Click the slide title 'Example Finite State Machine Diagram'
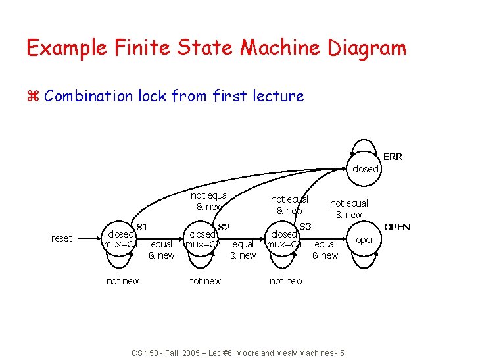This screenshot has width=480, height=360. tap(216, 48)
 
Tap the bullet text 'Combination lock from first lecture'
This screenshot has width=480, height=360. tap(174, 96)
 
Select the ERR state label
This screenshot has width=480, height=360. tap(393, 157)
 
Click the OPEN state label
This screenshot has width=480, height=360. tap(397, 227)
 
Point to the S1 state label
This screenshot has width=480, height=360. tap(141, 227)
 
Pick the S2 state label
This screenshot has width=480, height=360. tap(224, 227)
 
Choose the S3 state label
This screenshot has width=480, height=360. tap(305, 227)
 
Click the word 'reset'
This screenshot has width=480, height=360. tap(62, 238)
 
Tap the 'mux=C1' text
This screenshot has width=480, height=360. tap(120, 245)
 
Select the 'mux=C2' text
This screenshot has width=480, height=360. tap(202, 245)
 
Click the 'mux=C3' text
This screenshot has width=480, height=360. tap(284, 245)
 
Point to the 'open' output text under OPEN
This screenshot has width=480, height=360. tap(366, 240)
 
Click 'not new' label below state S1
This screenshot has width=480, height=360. tap(122, 281)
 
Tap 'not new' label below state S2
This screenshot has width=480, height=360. tap(204, 281)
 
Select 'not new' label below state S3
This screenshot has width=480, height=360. tap(286, 281)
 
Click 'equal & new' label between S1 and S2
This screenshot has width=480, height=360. tap(162, 250)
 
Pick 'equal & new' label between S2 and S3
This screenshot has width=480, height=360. tap(243, 250)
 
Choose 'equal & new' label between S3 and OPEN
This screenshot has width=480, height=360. tap(325, 250)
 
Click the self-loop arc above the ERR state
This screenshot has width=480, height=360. tap(366, 140)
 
